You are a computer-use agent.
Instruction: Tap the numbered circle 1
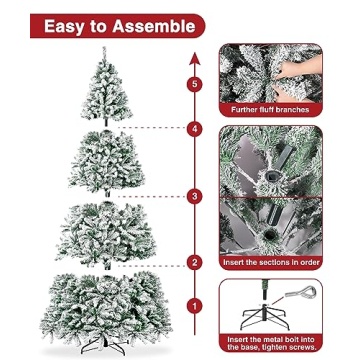point(195,302)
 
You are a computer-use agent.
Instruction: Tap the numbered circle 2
point(195,262)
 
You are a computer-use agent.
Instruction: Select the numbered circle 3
point(195,196)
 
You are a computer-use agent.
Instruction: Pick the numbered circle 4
point(195,129)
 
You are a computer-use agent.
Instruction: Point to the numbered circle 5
point(195,84)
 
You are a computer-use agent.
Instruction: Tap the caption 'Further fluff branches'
point(271,109)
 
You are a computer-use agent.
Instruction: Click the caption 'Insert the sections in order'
point(271,262)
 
